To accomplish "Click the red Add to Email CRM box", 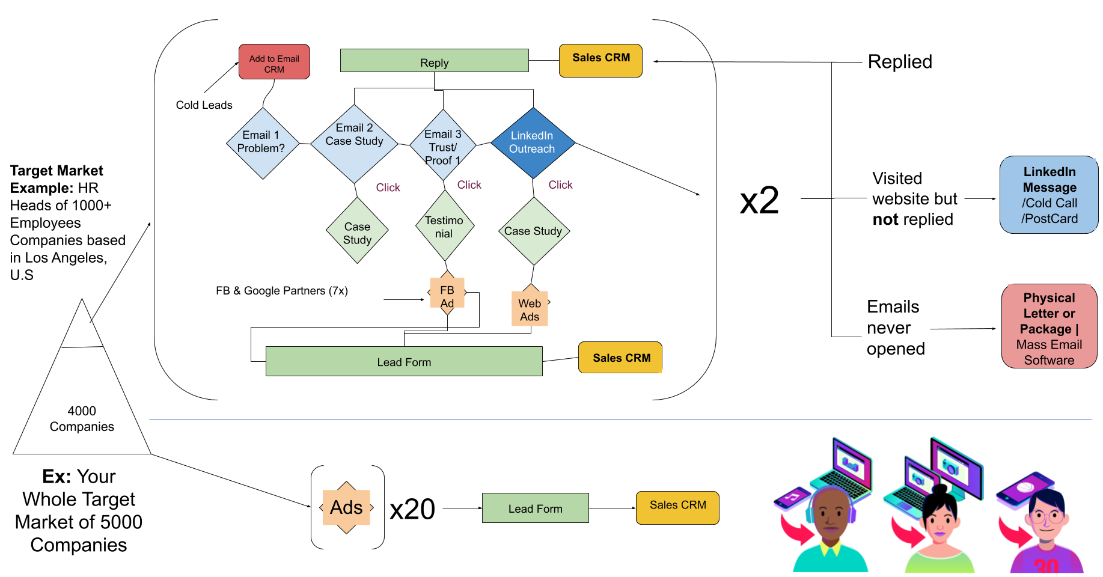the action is point(274,62).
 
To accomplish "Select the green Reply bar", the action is point(434,61).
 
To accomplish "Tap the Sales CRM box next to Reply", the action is point(600,60).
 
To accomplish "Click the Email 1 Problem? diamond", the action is point(262,143).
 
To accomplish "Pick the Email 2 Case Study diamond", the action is point(355,144).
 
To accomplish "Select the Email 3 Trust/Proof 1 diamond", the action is point(443,145).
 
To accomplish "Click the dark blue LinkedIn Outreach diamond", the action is point(533,143).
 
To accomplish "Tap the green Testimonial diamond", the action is point(445,226).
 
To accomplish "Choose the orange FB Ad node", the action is point(447,293).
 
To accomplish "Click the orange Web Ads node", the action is point(530,307).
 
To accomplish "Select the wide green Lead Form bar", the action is point(404,361).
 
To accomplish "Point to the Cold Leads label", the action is point(204,105).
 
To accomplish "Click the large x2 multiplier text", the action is point(759,200).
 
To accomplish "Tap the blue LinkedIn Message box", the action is point(1049,195).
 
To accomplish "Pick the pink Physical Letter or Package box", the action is point(1049,326).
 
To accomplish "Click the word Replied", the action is point(900,62).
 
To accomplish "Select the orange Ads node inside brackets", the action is point(346,507).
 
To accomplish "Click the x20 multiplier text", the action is point(412,510).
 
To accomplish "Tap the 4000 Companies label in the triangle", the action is point(82,419).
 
